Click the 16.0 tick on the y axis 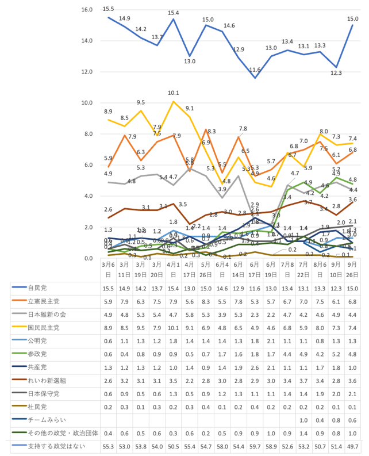coord(87,10)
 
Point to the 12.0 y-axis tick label coord(87,72)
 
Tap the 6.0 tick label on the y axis coord(89,165)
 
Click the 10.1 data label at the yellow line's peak coord(174,93)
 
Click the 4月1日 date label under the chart coord(174,270)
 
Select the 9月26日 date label coord(352,270)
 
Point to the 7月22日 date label coord(303,270)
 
